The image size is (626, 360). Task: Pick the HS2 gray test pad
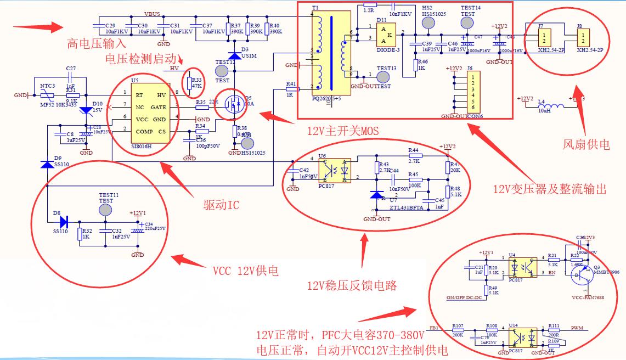(x=428, y=22)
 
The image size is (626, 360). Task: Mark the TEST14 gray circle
(x=467, y=22)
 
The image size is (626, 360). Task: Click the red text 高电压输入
(x=97, y=43)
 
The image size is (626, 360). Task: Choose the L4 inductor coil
(x=552, y=106)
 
